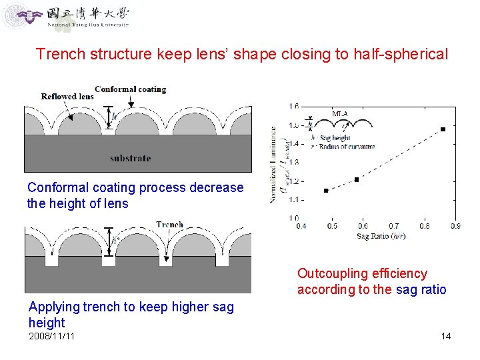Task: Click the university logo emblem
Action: pos(18,15)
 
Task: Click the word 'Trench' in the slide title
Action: pos(60,54)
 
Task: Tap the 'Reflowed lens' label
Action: pos(67,96)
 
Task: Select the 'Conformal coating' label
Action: pos(130,89)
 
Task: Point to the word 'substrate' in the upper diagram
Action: pos(130,158)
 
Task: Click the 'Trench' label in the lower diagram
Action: pos(169,225)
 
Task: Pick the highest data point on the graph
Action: pos(443,129)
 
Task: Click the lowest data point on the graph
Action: pos(326,191)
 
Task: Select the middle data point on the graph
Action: pos(357,179)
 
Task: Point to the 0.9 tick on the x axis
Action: pos(455,226)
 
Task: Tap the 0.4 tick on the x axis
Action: pos(301,226)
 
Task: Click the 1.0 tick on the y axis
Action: pos(293,218)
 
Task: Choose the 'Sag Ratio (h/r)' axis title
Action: pos(381,236)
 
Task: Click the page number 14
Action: pos(446,336)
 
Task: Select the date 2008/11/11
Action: pos(52,336)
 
